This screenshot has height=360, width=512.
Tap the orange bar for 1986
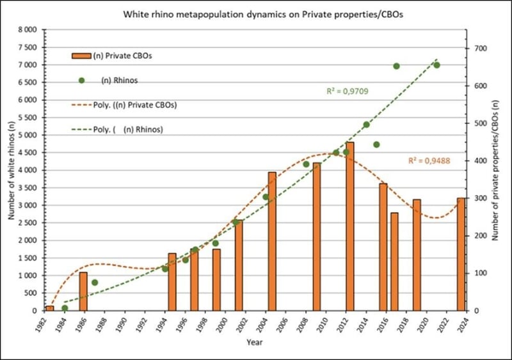83,292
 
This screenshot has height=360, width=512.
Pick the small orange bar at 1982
49,308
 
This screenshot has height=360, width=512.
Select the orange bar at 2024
461,254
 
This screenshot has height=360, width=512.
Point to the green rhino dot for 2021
436,65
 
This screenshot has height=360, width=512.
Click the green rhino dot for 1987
95,283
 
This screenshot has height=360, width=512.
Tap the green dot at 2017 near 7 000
396,66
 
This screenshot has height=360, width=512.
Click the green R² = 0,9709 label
346,92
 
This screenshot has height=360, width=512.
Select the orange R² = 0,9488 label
429,160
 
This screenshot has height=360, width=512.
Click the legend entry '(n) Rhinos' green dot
81,80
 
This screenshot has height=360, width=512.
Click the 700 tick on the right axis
480,49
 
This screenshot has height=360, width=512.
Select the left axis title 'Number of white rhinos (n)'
12,169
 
